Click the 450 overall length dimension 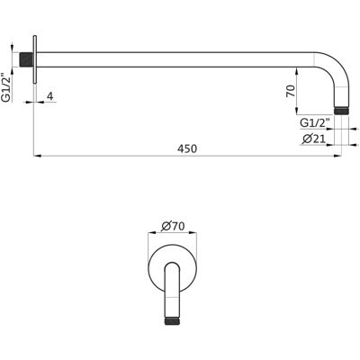(x=187, y=148)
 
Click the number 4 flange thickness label (x=50, y=96)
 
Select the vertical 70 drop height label (x=290, y=91)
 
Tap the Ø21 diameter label (x=314, y=139)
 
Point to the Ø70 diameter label (x=173, y=226)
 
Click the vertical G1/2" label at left (x=6, y=87)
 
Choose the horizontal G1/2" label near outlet (x=315, y=122)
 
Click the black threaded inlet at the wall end (x=26, y=59)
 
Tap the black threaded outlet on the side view (x=341, y=110)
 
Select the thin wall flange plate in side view (x=35, y=59)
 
